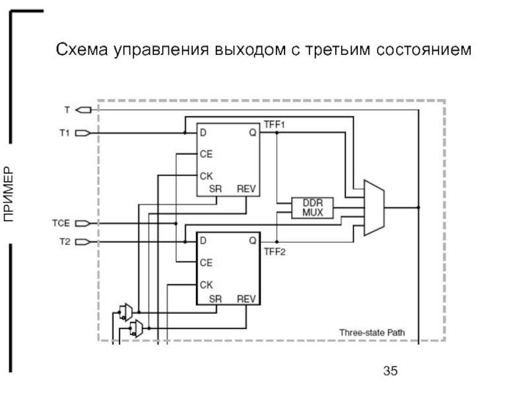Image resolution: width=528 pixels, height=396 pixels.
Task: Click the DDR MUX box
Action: point(312,207)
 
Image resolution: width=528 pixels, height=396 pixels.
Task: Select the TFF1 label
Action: point(274,124)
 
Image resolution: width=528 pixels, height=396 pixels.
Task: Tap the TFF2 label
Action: point(274,251)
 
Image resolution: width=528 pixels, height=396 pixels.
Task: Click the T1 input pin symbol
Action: point(82,133)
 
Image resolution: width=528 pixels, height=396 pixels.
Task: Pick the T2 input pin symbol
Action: point(82,242)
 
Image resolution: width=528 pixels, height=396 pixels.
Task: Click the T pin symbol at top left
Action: point(82,109)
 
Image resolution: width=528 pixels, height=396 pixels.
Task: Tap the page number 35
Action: point(391,370)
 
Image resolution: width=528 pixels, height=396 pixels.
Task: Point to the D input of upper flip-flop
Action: point(203,133)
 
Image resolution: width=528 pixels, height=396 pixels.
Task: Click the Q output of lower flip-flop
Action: point(252,242)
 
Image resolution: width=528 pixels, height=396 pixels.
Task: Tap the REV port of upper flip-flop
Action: point(246,188)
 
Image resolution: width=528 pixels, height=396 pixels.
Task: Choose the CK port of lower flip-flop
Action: point(206,284)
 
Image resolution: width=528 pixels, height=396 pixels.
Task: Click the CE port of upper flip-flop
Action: point(206,154)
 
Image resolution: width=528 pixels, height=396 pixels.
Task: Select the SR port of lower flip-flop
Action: point(215,299)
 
